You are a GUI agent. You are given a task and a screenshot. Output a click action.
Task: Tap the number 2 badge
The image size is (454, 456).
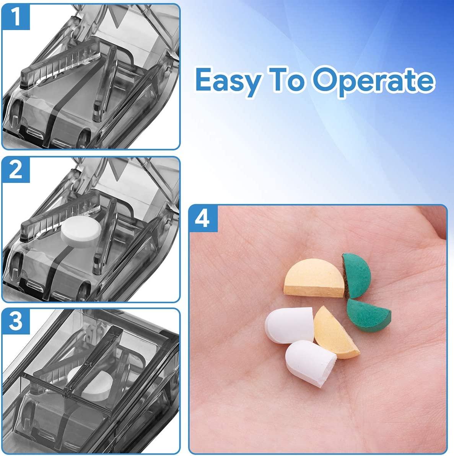[16, 169]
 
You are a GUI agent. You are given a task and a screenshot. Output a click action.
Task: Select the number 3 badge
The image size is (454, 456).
[16, 321]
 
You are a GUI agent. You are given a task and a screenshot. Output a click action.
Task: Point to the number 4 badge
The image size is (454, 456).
[203, 219]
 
